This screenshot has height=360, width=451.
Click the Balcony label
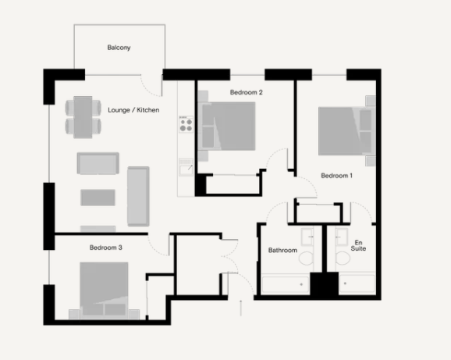(119, 48)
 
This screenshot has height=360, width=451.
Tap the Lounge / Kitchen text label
(133, 110)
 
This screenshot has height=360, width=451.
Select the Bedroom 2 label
(246, 92)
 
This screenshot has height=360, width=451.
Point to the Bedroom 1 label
(337, 176)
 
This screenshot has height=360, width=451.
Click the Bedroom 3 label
(105, 248)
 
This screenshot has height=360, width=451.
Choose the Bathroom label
(282, 251)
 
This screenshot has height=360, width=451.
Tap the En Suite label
(359, 246)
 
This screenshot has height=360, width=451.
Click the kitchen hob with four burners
(186, 123)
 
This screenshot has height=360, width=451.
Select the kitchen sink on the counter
(186, 168)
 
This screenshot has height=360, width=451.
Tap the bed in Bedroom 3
(105, 289)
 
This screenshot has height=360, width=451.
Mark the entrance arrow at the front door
(240, 307)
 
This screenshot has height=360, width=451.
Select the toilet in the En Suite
(341, 256)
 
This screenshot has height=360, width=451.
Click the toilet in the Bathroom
(307, 256)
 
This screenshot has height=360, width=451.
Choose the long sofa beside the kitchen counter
(138, 196)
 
